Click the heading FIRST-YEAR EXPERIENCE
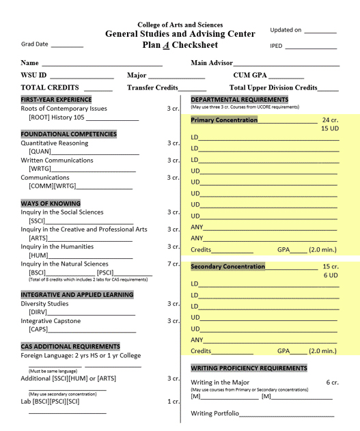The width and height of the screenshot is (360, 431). [56, 100]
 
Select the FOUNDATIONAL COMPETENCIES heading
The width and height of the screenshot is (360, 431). [68, 135]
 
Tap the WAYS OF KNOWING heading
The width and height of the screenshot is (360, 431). [51, 204]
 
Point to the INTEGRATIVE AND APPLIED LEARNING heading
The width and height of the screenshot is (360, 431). [77, 295]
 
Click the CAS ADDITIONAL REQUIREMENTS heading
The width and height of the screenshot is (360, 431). [70, 346]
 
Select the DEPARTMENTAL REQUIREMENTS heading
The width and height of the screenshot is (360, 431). [239, 100]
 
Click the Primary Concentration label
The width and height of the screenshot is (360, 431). [224, 120]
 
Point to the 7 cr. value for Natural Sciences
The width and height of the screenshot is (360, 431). [174, 264]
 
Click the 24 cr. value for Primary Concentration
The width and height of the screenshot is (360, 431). [331, 120]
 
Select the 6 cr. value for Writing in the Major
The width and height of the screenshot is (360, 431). [332, 383]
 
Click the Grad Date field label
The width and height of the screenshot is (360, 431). [35, 44]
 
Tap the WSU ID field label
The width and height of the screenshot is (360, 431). [33, 75]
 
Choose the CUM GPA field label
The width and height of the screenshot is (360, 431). [251, 75]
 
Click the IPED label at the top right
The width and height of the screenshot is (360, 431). [277, 46]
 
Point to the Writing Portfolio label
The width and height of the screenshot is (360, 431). [214, 413]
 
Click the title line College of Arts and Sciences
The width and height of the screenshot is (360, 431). [180, 25]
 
